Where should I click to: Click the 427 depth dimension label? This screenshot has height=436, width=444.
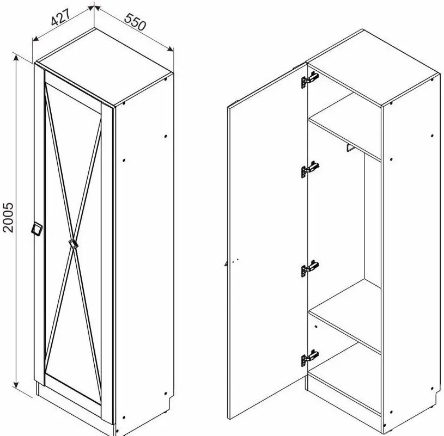point(60,18)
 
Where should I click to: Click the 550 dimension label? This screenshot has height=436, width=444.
point(135,22)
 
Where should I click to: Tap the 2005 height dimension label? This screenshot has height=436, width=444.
point(8,217)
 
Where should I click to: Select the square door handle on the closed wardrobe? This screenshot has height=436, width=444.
point(37,229)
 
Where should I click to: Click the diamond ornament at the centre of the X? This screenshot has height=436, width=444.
point(74,244)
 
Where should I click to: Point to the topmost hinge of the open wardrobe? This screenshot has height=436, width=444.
point(309,79)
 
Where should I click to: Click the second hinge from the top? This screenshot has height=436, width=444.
point(310,169)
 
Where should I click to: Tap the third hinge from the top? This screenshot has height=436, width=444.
point(310,268)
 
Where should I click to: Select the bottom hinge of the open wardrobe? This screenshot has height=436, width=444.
point(310,358)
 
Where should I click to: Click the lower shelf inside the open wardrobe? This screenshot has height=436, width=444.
point(345,316)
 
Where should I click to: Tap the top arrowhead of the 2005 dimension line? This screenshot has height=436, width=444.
point(16,58)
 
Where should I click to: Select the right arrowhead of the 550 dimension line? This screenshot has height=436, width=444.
point(170,48)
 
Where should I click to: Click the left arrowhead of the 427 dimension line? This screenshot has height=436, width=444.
point(35,39)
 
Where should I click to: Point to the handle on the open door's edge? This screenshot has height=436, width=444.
point(227,263)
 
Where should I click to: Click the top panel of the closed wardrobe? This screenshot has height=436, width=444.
point(105,66)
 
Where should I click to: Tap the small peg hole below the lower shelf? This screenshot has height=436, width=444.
point(316,327)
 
